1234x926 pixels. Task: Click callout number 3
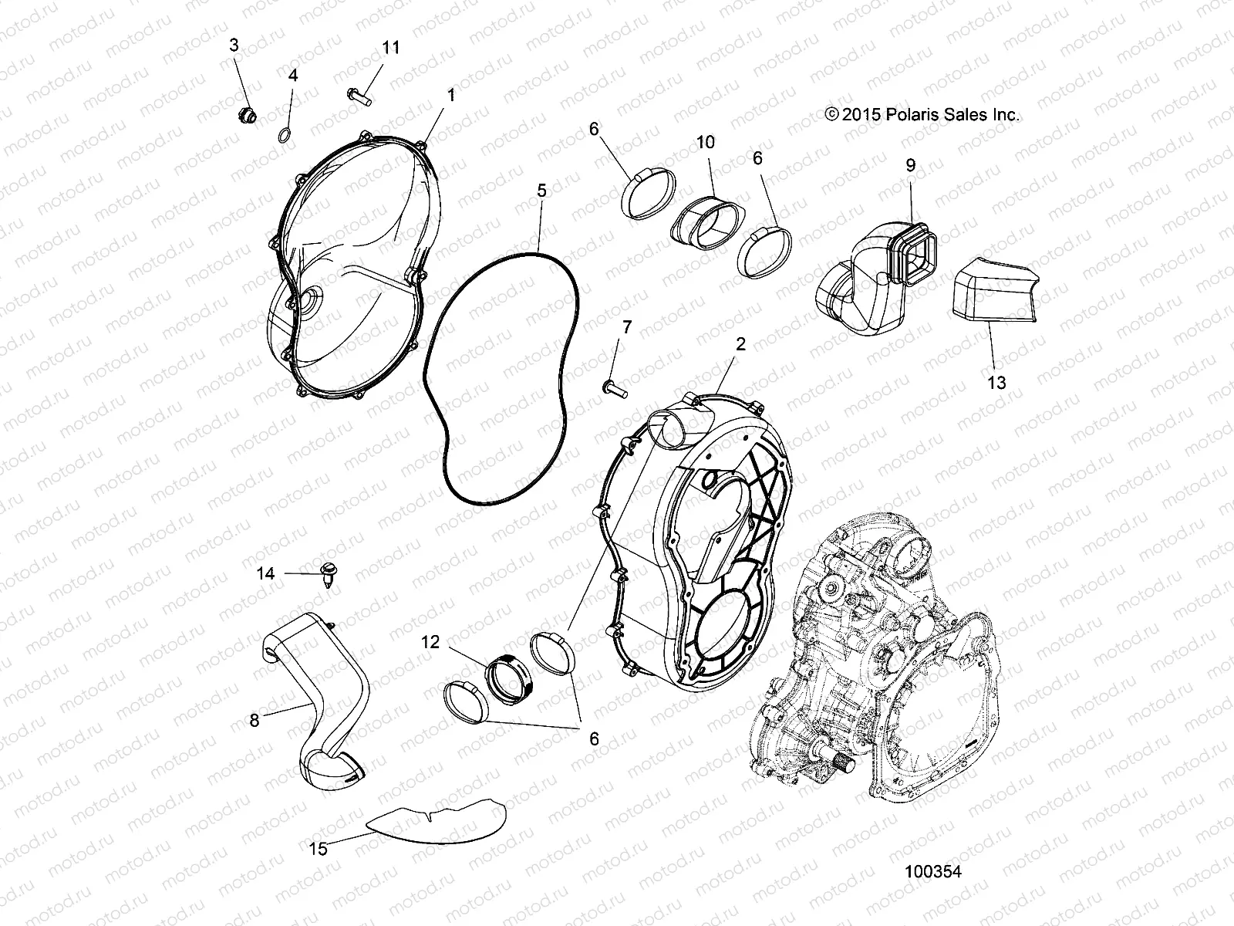[x=234, y=46]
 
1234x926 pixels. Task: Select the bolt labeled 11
[x=358, y=96]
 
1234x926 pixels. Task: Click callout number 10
[x=705, y=142]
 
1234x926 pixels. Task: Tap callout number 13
[x=996, y=382]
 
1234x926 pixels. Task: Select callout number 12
[x=430, y=641]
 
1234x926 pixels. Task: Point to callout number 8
[x=255, y=720]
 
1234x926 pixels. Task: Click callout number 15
[x=318, y=849]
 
